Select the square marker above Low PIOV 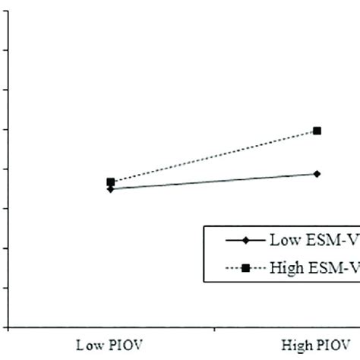tap(111, 182)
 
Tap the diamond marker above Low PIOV tap(111, 189)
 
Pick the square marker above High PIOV tap(317, 131)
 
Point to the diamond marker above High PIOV tap(317, 174)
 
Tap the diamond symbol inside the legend tap(245, 241)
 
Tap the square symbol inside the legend tap(245, 267)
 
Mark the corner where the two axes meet tap(7, 327)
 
